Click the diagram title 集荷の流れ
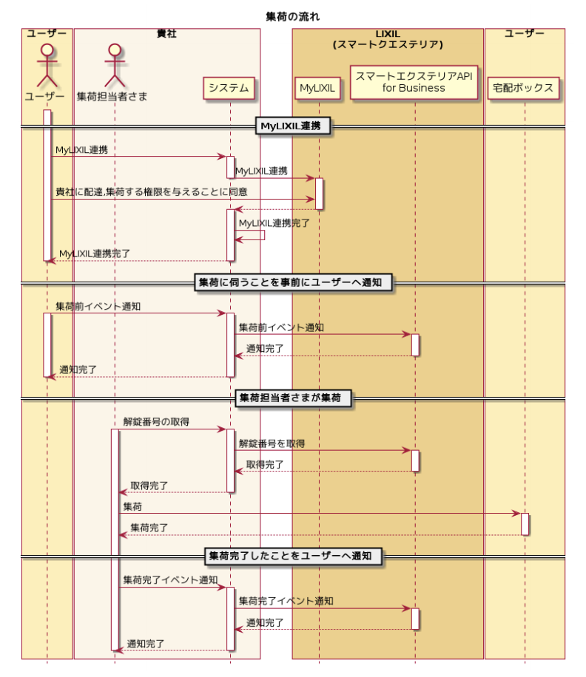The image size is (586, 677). (x=293, y=16)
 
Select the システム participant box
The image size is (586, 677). (x=229, y=89)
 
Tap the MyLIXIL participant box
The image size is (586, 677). (x=317, y=89)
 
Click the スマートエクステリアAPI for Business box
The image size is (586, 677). (x=414, y=82)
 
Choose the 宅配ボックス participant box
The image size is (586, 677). (x=524, y=89)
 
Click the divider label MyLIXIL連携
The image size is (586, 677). (x=292, y=126)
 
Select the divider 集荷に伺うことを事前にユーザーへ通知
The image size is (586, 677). (x=292, y=282)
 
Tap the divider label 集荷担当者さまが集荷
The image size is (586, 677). (x=292, y=398)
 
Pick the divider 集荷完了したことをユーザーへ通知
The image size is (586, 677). (x=292, y=555)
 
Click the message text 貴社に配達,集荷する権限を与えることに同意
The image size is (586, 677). (x=152, y=192)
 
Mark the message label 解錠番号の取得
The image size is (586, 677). (x=156, y=422)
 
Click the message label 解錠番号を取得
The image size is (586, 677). (x=272, y=443)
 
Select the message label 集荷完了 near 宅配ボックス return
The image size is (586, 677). (x=149, y=528)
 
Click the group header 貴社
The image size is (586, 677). (x=166, y=34)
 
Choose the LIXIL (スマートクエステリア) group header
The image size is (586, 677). (x=387, y=39)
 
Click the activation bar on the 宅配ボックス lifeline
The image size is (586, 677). (x=525, y=524)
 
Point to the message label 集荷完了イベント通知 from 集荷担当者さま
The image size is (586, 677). (x=170, y=579)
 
